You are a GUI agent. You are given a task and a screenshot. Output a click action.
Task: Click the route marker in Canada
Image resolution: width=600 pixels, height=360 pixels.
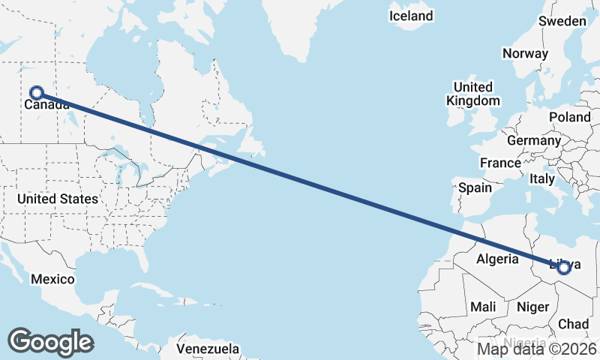(36, 93)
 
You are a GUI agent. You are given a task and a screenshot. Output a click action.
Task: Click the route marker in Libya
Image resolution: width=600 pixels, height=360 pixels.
(563, 268)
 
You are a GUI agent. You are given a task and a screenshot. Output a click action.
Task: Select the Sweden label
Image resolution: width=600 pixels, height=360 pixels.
(562, 21)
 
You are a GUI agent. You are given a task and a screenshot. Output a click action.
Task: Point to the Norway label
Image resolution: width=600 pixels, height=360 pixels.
(525, 53)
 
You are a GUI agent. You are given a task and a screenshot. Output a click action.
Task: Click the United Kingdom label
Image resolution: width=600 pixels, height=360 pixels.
(472, 94)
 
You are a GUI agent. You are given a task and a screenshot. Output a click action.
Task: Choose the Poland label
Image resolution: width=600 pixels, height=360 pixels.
(570, 117)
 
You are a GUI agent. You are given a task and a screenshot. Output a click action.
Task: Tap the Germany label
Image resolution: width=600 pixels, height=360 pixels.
(534, 140)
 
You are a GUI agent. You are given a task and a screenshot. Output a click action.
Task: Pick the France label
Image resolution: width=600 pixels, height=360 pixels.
(500, 163)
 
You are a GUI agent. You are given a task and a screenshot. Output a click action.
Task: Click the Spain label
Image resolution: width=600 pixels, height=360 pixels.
(475, 187)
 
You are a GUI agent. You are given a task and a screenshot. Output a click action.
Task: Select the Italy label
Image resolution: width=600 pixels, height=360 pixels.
(541, 179)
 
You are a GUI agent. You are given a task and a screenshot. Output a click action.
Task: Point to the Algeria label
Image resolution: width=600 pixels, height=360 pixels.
(498, 259)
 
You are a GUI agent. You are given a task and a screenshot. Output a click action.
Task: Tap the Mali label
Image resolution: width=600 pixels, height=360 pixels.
(483, 307)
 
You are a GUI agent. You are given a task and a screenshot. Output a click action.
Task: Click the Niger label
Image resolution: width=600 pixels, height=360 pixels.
(532, 307)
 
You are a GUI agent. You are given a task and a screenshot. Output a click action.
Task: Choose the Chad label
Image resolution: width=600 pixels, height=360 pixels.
(574, 324)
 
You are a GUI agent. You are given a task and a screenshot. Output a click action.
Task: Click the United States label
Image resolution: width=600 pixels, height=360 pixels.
(58, 199)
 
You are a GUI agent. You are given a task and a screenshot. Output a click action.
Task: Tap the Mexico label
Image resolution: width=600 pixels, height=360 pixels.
(52, 279)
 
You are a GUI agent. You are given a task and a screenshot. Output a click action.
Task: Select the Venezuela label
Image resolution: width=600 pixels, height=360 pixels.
(208, 349)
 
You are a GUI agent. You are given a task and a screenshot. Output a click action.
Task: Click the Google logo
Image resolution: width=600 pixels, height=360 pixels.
(50, 342)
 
